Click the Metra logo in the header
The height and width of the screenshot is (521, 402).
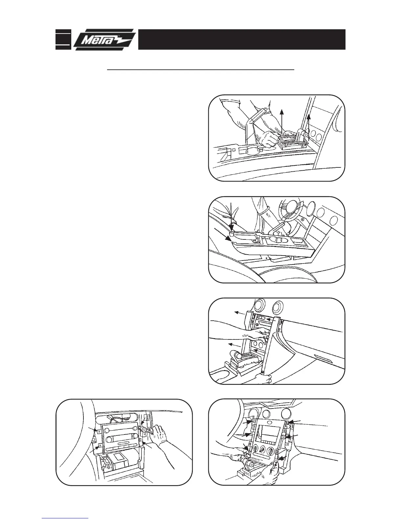[104, 39]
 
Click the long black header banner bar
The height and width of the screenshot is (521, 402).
[241, 39]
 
